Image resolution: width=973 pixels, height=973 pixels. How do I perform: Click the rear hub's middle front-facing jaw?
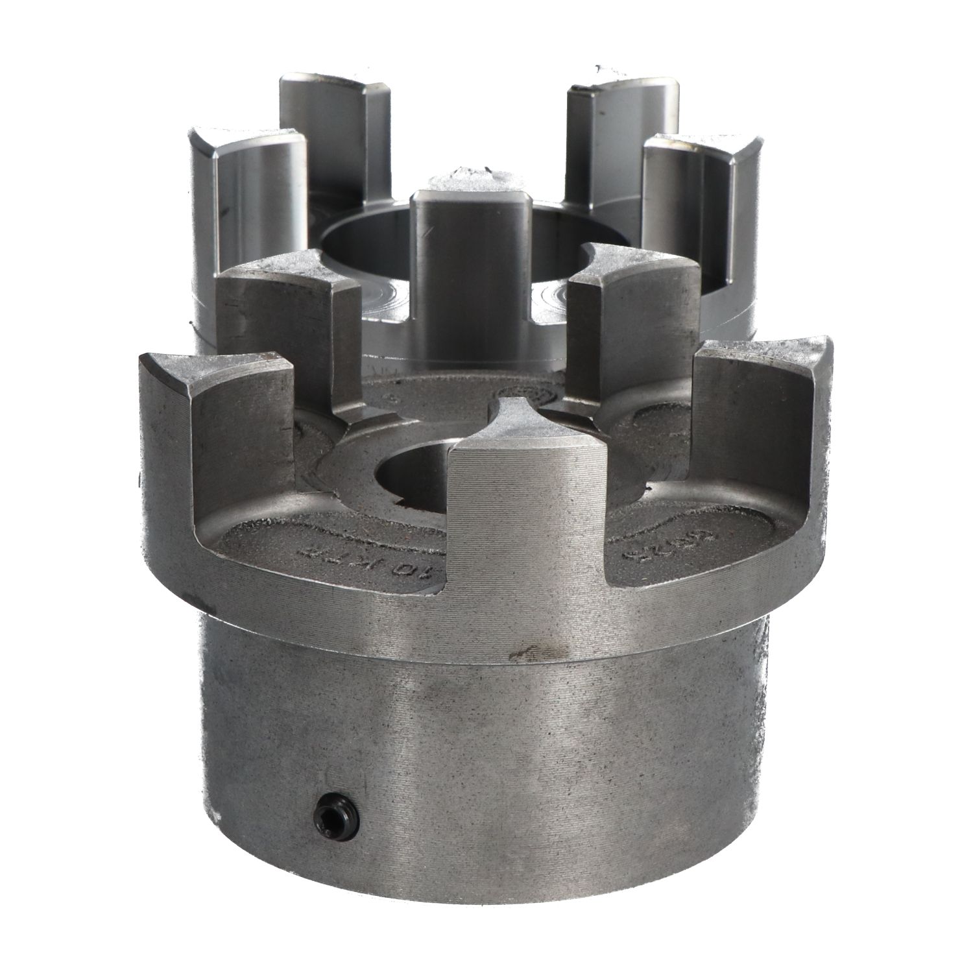click(470, 246)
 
